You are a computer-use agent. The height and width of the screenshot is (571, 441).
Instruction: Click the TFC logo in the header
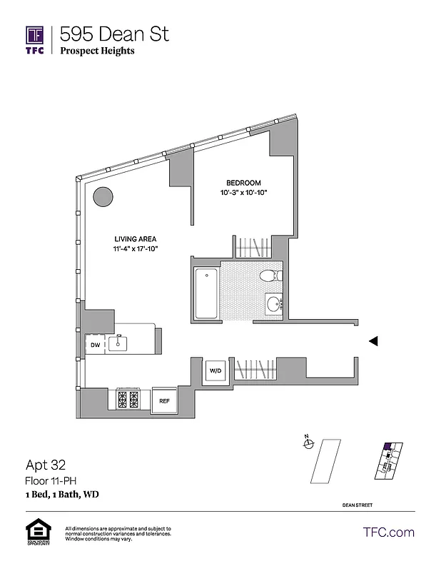[x=35, y=40]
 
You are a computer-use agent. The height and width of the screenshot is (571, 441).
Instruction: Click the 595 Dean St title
[x=114, y=34]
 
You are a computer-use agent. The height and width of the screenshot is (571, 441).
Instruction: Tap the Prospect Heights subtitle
[x=97, y=51]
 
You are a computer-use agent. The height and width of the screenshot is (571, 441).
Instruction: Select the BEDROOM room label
[x=243, y=183]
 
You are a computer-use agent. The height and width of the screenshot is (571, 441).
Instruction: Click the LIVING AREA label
[x=136, y=239]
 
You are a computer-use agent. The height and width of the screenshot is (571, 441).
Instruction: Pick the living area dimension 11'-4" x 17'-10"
[x=136, y=249]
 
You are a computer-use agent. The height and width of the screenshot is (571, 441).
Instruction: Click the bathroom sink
[x=273, y=303]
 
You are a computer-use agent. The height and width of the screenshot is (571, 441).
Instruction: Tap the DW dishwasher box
[x=95, y=345]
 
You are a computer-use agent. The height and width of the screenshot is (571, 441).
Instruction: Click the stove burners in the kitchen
[x=128, y=400]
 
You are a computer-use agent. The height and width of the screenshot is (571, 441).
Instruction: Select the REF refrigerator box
[x=164, y=401]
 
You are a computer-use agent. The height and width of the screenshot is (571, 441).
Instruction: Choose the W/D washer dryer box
[x=215, y=370]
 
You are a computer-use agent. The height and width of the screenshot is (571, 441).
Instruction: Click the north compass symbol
[x=308, y=443]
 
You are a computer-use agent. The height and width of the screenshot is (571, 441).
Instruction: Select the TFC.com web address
[x=388, y=532]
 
